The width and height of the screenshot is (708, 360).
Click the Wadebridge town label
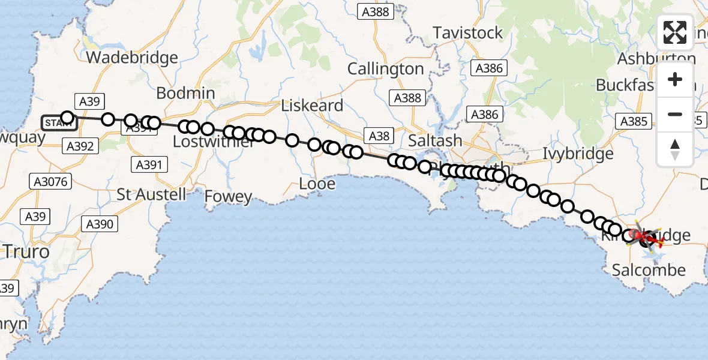coord(133,58)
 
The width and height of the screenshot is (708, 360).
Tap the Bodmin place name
coord(185,93)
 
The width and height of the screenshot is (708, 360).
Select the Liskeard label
coord(313,106)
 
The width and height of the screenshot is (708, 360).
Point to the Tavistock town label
coord(467,33)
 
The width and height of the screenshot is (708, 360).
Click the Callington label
coord(385,69)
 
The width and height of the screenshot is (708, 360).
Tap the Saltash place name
coord(435,140)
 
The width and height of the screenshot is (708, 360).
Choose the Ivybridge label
coord(578,154)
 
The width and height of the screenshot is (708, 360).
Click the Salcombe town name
coord(649,270)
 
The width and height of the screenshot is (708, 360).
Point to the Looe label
coord(317,184)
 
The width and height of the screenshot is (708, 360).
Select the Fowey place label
coord(228,196)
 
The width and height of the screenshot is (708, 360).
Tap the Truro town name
coord(26,251)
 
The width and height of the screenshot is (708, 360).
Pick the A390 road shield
coord(99,224)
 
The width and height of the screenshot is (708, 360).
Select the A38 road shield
coord(379,136)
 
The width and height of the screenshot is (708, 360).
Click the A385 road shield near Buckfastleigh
coord(634,122)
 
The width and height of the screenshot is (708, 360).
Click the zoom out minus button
coord(675,114)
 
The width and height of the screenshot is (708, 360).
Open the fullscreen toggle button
coord(675,32)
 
